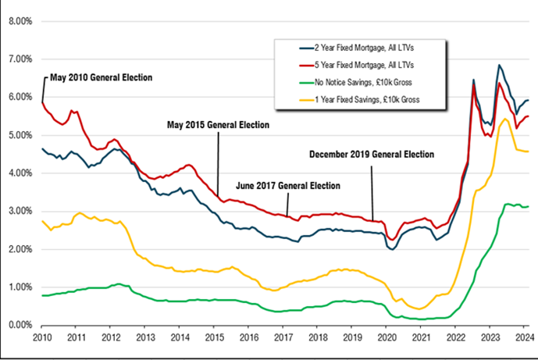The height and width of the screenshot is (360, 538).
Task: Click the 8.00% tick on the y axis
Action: point(20,21)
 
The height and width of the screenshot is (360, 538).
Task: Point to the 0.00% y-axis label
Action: point(20,325)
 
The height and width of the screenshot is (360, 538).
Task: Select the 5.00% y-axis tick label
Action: point(20,135)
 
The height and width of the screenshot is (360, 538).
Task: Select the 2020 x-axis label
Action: point(388,338)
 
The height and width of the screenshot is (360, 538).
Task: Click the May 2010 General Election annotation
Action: point(101,78)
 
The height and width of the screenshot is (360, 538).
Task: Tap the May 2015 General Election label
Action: point(219,124)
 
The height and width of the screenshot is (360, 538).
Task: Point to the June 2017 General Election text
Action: point(288,186)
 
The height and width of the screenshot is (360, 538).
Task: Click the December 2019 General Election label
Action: point(371,155)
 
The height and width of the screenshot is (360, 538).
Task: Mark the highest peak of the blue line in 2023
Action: point(499,66)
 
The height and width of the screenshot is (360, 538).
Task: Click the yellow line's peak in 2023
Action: point(504,119)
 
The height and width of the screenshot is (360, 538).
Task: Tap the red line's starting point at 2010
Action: point(41,102)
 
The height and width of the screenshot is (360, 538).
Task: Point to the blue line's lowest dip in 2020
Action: point(392,249)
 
